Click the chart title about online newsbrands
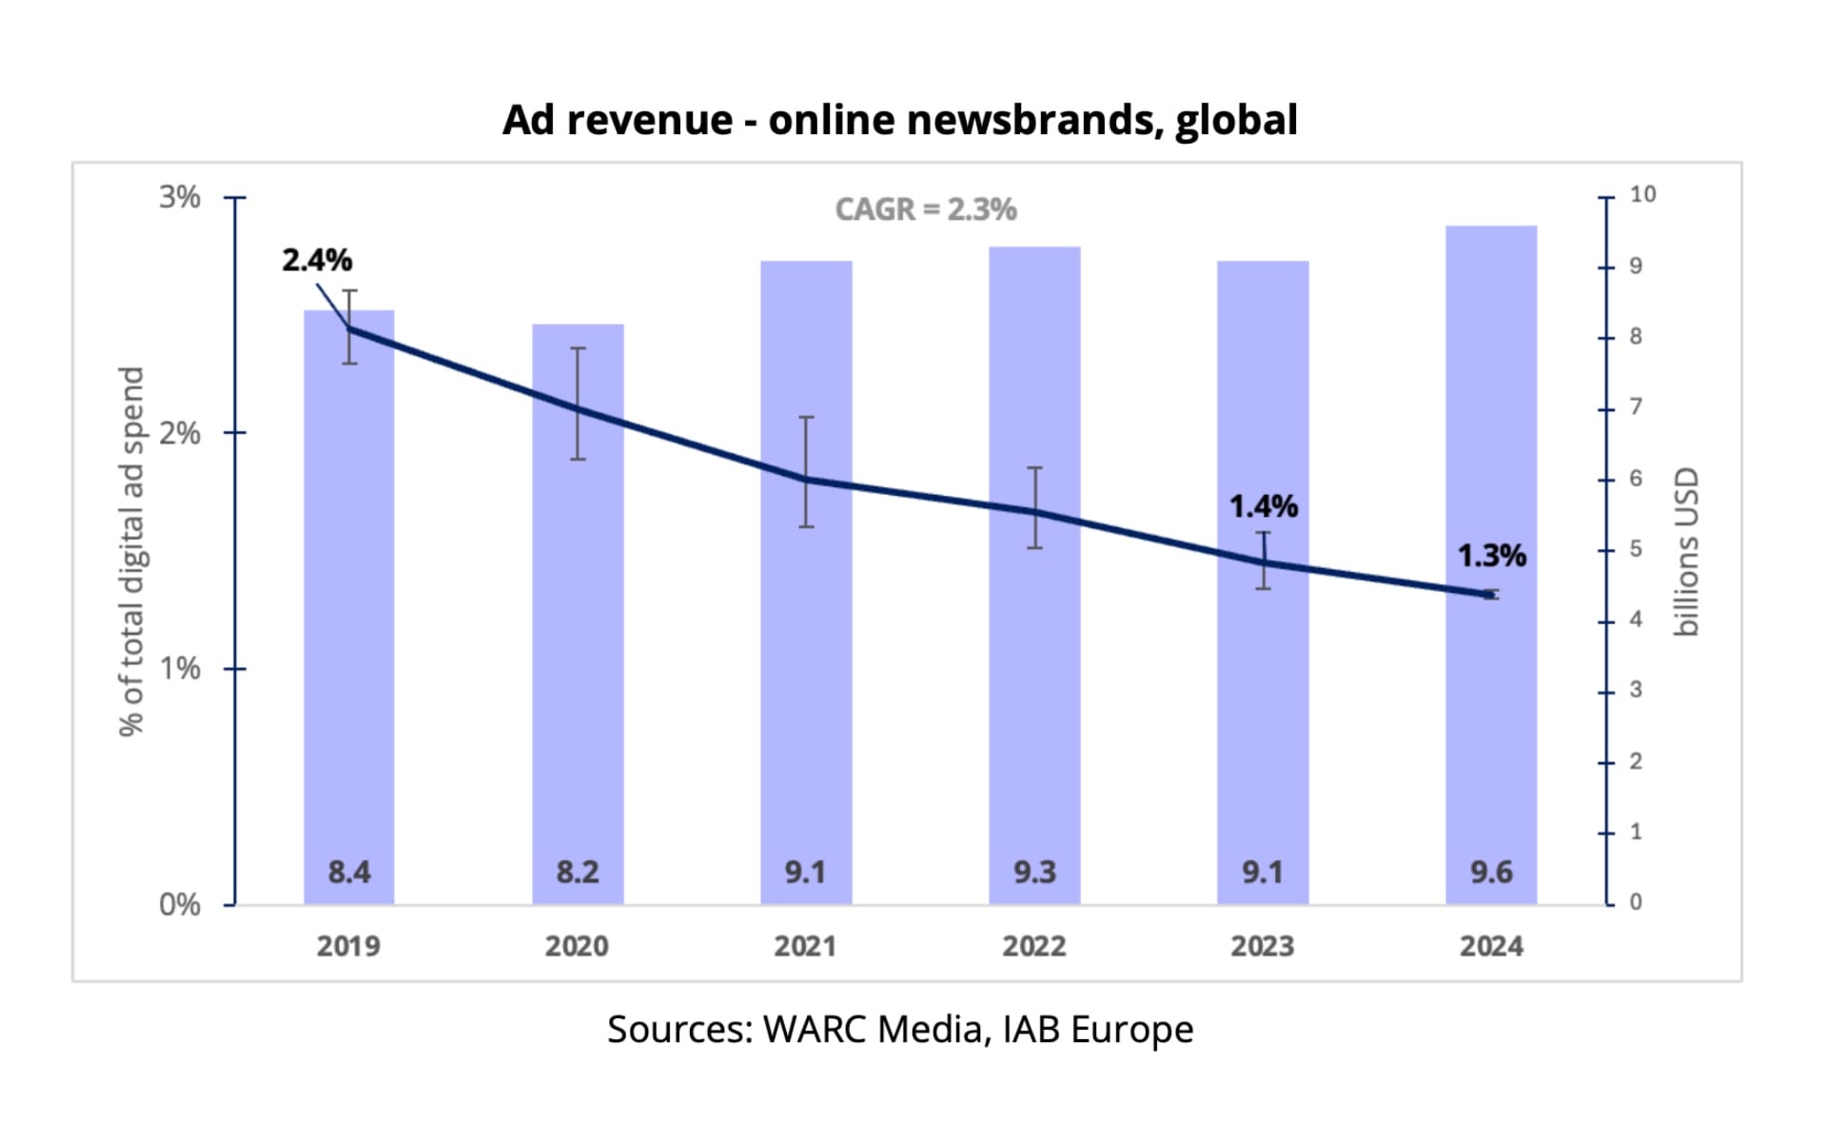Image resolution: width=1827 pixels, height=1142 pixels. click(x=899, y=120)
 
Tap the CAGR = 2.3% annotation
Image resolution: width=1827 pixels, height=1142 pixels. click(x=925, y=209)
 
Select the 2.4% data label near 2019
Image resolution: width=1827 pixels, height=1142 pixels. click(x=317, y=260)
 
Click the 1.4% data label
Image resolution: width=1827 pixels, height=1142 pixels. click(x=1263, y=506)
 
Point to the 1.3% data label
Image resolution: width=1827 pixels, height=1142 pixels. click(x=1491, y=556)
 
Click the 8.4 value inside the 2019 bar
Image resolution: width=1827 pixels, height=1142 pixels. click(x=349, y=872)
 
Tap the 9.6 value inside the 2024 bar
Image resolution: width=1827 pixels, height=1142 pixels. click(x=1491, y=872)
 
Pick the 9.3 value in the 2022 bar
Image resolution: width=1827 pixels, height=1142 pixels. click(x=1034, y=872)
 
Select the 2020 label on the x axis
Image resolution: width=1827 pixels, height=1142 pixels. click(x=577, y=946)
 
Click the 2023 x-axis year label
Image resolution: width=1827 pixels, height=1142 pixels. click(x=1263, y=946)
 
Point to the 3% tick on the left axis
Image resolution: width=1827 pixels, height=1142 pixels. click(x=179, y=197)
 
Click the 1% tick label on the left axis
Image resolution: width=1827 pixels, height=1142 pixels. click(x=179, y=669)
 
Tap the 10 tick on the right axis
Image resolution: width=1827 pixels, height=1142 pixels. click(x=1642, y=194)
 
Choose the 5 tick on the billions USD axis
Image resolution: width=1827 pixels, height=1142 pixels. click(x=1636, y=549)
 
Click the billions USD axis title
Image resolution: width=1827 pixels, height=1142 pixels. click(x=1685, y=552)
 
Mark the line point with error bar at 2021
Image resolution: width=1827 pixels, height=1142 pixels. click(x=806, y=479)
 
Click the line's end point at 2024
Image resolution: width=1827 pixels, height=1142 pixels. click(x=1491, y=595)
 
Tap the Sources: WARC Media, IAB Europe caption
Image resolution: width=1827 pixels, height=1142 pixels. click(x=899, y=1030)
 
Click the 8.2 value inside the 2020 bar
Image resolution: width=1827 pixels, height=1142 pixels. click(x=578, y=872)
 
